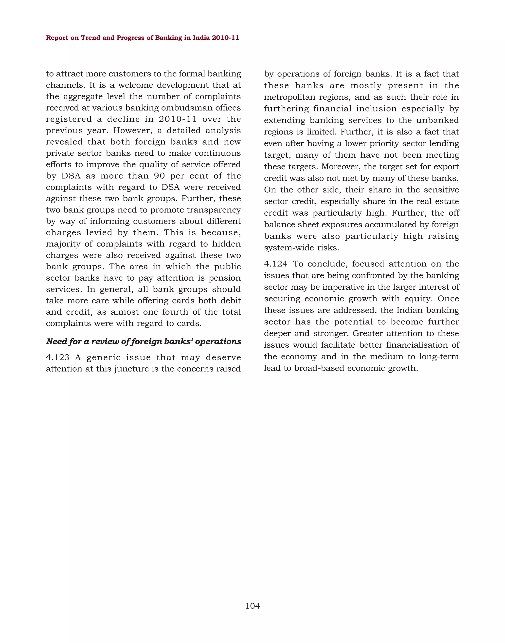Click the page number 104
click(x=252, y=606)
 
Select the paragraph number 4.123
click(x=58, y=358)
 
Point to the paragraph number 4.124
click(x=276, y=264)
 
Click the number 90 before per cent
click(x=159, y=176)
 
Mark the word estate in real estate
click(x=447, y=202)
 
